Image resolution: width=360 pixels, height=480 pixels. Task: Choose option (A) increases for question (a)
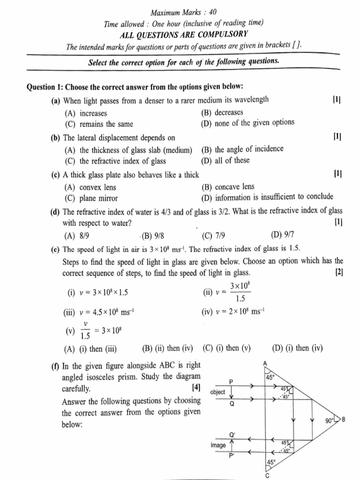(x=86, y=113)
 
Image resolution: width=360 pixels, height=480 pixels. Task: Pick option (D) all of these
(x=225, y=160)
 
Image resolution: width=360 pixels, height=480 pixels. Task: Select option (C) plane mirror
(x=91, y=198)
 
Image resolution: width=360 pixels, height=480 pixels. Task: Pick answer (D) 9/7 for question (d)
(x=282, y=234)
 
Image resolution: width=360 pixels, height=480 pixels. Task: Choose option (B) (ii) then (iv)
(x=167, y=348)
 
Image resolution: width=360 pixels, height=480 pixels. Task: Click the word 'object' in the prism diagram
(x=218, y=392)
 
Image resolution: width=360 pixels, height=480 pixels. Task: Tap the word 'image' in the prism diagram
(x=218, y=445)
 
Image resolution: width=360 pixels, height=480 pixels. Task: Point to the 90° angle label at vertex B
(x=329, y=420)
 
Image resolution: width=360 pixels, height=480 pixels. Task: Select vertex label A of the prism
(x=265, y=364)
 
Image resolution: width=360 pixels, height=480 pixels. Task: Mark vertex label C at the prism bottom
(x=267, y=475)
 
